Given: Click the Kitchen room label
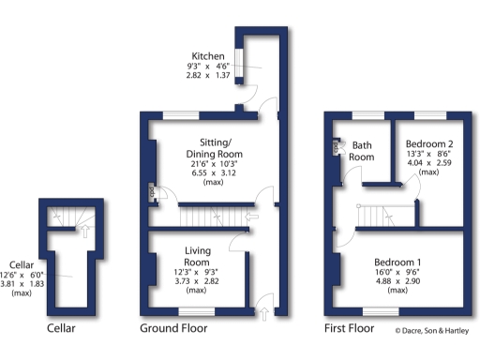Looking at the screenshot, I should [x=206, y=56].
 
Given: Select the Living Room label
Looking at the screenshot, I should [x=197, y=255].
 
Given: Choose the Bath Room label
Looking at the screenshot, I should [x=362, y=151].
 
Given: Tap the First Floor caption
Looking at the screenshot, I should [x=349, y=329].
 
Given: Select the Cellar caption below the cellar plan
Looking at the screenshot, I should [x=61, y=329].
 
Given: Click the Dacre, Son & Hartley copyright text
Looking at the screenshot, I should [x=433, y=330].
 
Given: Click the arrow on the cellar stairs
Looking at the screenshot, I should [x=82, y=226].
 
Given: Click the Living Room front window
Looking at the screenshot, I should [x=196, y=310].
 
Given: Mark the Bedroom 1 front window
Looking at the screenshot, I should [x=380, y=310].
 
